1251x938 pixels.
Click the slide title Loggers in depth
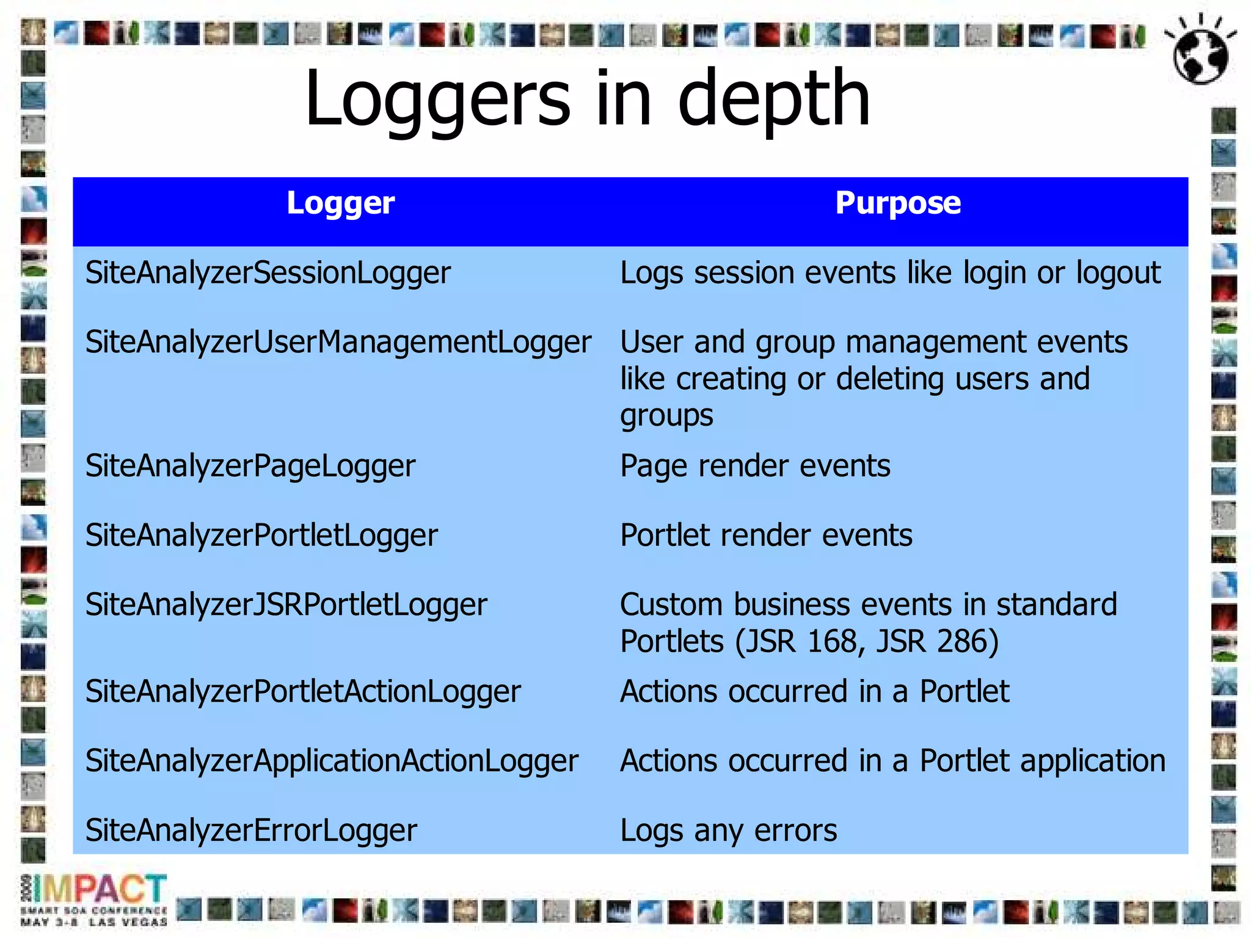pyautogui.click(x=587, y=99)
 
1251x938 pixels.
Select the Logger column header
pyautogui.click(x=340, y=204)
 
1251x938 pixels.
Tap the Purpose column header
pyautogui.click(x=897, y=203)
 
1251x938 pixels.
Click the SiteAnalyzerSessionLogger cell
pyautogui.click(x=268, y=273)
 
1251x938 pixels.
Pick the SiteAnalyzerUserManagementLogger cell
pyautogui.click(x=338, y=342)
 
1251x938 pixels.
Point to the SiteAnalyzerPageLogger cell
pyautogui.click(x=250, y=467)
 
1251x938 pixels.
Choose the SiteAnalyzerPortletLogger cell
pyautogui.click(x=261, y=536)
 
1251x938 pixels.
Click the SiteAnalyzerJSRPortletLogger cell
pyautogui.click(x=286, y=605)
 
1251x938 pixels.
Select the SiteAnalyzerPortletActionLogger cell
pyautogui.click(x=303, y=692)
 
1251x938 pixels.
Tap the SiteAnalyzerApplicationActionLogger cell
pyautogui.click(x=331, y=762)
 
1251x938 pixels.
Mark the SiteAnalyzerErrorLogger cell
pyautogui.click(x=251, y=831)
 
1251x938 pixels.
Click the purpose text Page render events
pyautogui.click(x=755, y=467)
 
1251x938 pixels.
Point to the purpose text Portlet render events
pyautogui.click(x=766, y=536)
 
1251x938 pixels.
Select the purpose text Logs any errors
pyautogui.click(x=728, y=831)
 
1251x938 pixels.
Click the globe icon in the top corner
pyautogui.click(x=1200, y=50)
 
